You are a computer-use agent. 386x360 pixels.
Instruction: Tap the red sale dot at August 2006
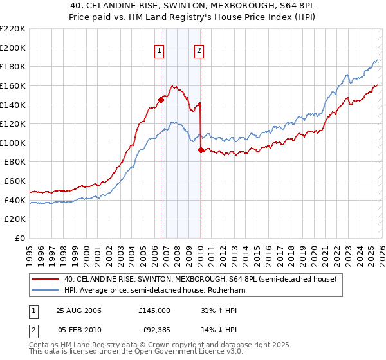pyautogui.click(x=161, y=99)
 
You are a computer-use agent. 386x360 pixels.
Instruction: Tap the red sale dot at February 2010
pyautogui.click(x=201, y=149)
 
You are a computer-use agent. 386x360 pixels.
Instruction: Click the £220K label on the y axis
pyautogui.click(x=13, y=29)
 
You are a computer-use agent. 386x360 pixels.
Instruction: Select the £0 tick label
pyautogui.click(x=19, y=239)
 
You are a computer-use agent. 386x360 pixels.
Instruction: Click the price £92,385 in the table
pyautogui.click(x=154, y=330)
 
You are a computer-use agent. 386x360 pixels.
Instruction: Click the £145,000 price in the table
pyautogui.click(x=154, y=310)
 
